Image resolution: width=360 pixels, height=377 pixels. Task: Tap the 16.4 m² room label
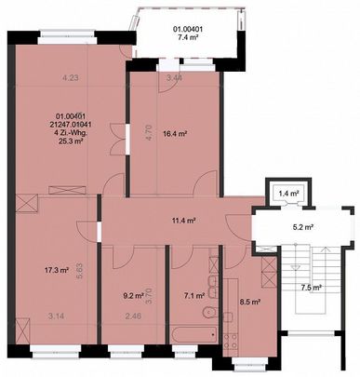(175, 134)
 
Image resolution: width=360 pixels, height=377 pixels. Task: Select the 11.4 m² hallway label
(182, 222)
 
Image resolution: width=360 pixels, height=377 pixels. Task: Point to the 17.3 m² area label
(57, 272)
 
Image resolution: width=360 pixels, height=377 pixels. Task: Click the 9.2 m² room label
(134, 298)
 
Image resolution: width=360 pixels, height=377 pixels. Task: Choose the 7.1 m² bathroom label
(193, 297)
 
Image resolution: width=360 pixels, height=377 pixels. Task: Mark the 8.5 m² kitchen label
(250, 302)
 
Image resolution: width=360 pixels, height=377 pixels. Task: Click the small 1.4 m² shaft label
(288, 194)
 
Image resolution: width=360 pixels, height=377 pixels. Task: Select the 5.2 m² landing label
(300, 226)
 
